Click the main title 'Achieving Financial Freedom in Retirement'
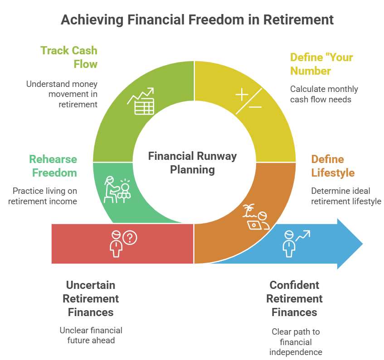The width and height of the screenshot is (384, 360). click(197, 19)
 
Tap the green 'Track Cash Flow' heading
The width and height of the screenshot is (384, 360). click(69, 57)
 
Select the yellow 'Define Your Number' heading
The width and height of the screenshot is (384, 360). click(321, 64)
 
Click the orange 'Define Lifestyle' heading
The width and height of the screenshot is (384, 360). click(333, 166)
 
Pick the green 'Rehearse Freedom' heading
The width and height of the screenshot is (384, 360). click(53, 166)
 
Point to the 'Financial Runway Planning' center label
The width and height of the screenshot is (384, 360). click(192, 163)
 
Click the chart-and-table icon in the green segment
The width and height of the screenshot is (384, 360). click(141, 102)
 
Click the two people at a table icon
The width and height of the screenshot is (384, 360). click(117, 189)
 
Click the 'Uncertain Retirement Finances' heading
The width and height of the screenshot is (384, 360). click(91, 298)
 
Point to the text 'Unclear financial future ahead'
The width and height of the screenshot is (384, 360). click(91, 335)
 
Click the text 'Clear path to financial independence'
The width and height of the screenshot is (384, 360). click(296, 341)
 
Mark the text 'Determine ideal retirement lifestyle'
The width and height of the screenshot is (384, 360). click(346, 196)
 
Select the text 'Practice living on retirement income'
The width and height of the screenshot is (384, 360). click(45, 196)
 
